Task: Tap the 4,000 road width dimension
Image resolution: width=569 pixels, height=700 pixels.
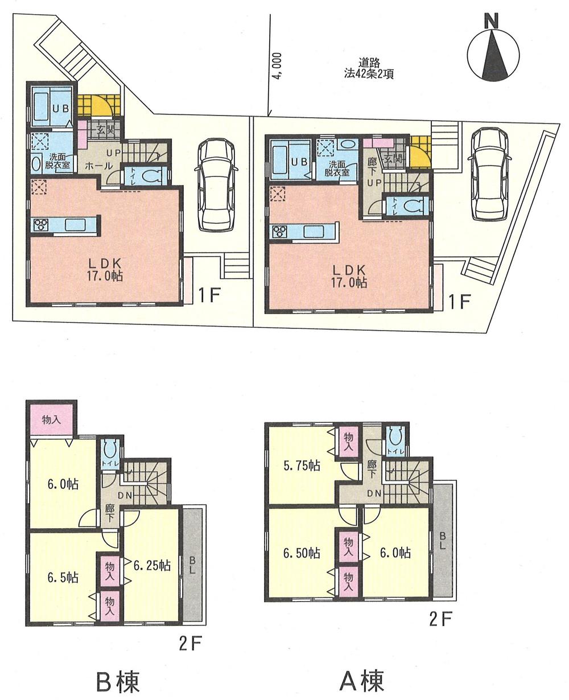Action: coord(277,68)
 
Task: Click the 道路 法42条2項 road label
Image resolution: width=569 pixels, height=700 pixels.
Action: coord(369,68)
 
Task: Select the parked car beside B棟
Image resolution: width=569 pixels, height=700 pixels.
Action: coord(215,185)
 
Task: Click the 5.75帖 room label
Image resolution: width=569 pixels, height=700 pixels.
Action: coord(300,465)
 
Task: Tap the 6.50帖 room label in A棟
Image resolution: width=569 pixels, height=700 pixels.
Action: coord(301,553)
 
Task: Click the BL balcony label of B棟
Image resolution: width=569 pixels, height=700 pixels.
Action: coord(192,565)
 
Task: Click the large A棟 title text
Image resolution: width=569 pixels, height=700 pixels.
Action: coord(361,679)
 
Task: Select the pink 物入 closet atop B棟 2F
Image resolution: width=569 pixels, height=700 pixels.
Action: coord(51,420)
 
